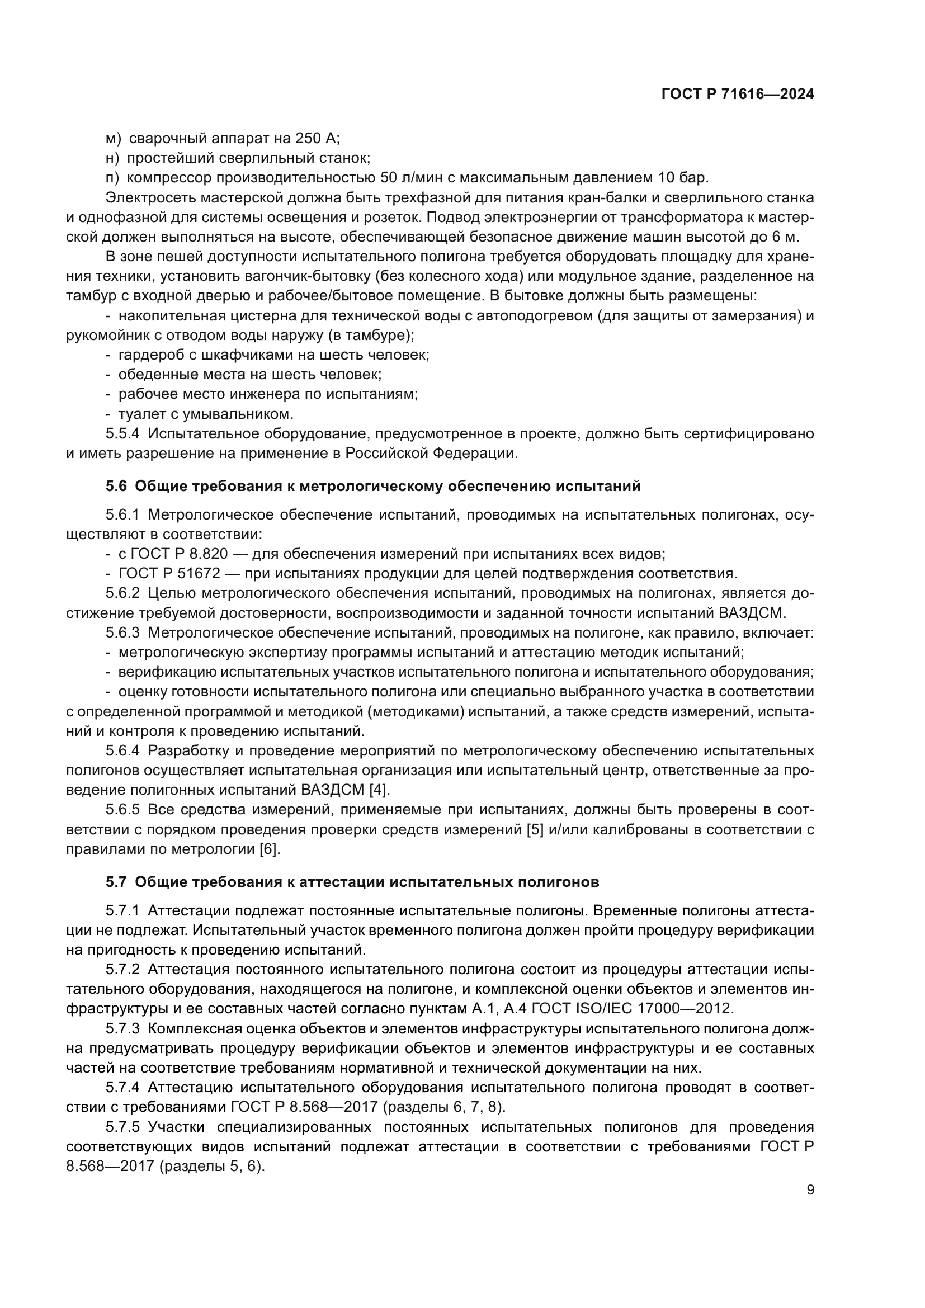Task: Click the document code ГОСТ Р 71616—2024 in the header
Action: pos(738,95)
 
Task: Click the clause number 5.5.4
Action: pos(122,433)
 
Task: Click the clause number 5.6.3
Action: pos(122,632)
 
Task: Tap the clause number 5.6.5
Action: pos(122,810)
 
